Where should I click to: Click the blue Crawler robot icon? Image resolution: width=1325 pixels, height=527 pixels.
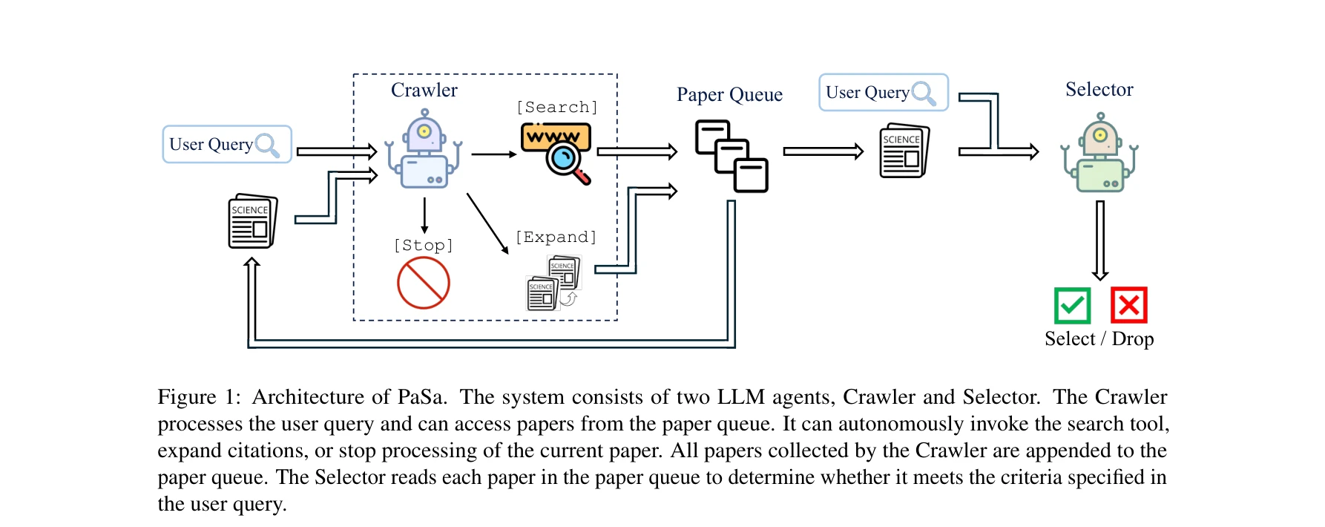[424, 151]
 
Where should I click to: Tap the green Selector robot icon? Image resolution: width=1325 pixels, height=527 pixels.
[1100, 154]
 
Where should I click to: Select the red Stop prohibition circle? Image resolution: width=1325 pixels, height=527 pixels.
[424, 283]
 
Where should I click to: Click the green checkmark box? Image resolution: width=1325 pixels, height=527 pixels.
[1072, 305]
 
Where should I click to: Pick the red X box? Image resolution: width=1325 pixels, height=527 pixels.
[1128, 305]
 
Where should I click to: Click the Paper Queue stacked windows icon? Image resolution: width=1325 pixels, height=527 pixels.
[731, 156]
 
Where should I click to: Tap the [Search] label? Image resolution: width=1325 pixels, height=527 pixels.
[556, 107]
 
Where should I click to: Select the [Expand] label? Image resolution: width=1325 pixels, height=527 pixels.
[556, 237]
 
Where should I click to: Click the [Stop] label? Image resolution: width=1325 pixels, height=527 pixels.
[423, 245]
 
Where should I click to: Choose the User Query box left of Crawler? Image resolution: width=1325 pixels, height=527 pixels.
[226, 144]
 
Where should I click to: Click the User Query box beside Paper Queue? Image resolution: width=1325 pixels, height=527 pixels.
[883, 92]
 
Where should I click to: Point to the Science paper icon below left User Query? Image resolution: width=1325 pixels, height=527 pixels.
[252, 221]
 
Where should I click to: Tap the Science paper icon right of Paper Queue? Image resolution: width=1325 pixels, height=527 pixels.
[904, 151]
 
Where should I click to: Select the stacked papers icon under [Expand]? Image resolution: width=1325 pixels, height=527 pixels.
[553, 283]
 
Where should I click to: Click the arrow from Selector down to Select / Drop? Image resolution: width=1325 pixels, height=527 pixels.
[1100, 239]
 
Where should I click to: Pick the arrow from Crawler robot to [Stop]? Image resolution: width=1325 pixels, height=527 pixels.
[424, 215]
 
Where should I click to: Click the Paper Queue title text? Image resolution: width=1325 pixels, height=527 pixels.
[729, 95]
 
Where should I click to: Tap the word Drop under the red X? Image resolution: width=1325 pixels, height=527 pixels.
[1133, 339]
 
